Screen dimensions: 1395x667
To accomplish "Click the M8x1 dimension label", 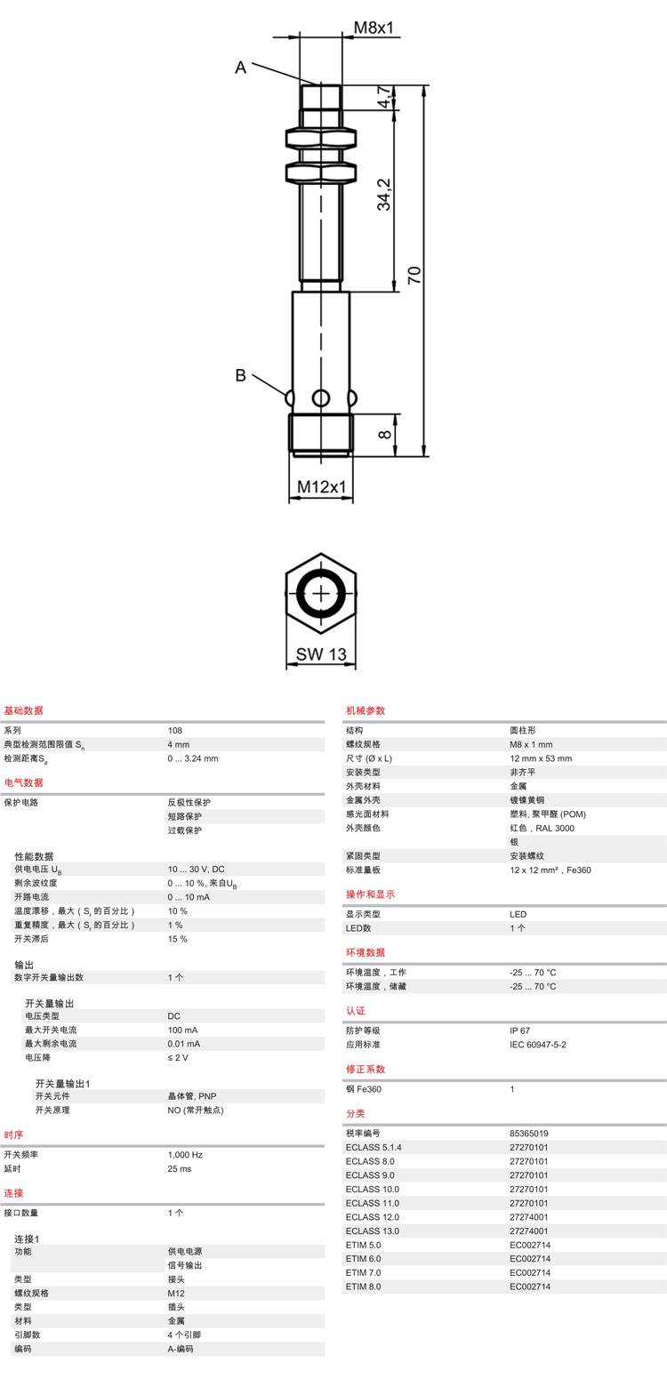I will click(x=374, y=28).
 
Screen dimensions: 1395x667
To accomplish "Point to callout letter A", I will click(x=240, y=68).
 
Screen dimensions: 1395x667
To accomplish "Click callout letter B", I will click(x=240, y=375).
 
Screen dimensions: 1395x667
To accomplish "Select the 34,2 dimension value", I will click(x=384, y=194).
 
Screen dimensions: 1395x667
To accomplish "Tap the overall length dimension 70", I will click(x=414, y=275).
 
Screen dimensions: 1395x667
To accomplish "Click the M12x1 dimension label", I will click(x=321, y=487).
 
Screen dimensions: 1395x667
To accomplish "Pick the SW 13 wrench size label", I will click(x=321, y=654).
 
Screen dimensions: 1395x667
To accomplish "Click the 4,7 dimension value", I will click(x=384, y=97).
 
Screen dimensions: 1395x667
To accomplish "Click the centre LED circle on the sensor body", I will click(x=321, y=397).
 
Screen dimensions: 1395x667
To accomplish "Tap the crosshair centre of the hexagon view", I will click(x=321, y=594).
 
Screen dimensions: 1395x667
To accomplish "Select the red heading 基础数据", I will click(x=24, y=710).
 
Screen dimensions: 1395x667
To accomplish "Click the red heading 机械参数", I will click(x=366, y=710).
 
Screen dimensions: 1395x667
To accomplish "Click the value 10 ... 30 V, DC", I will click(x=196, y=870).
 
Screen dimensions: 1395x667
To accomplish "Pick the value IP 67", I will click(x=519, y=1030).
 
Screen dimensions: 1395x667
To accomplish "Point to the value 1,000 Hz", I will click(x=185, y=1155).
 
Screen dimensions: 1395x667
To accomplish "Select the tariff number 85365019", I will click(x=528, y=1134).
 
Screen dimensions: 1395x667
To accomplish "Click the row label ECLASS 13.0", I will click(x=372, y=1231).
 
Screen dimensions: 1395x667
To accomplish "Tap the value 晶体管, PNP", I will click(x=192, y=1096).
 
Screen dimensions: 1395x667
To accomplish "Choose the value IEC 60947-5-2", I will click(x=537, y=1045).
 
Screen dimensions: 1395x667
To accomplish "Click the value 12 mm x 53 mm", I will click(x=541, y=758).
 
